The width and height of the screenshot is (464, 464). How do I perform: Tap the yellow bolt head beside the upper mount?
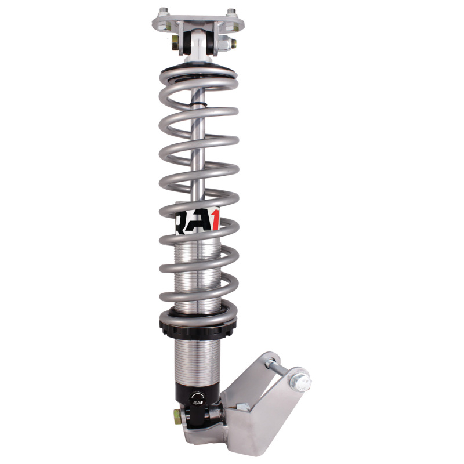pos(175,42)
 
